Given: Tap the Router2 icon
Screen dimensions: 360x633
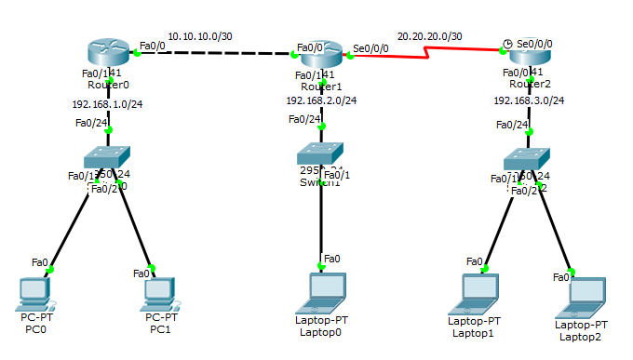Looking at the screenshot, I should click(527, 56).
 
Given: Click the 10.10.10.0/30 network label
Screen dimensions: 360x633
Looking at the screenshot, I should click(199, 36).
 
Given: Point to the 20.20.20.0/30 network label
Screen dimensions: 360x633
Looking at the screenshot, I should click(429, 35).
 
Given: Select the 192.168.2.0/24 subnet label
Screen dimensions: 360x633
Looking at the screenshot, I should click(321, 100).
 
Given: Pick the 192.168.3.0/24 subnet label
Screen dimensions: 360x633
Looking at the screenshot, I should click(529, 100).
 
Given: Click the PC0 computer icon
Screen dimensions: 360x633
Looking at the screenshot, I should click(34, 294).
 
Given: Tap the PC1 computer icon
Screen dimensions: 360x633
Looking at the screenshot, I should click(159, 294).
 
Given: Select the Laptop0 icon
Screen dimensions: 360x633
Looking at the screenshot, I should click(322, 292).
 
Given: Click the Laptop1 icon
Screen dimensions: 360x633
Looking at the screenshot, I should click(475, 294).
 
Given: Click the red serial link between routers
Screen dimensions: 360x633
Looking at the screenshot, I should click(428, 54).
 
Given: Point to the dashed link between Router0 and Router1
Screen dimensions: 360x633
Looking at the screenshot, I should click(214, 53).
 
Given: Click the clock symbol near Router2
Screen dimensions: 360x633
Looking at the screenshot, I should click(506, 43).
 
